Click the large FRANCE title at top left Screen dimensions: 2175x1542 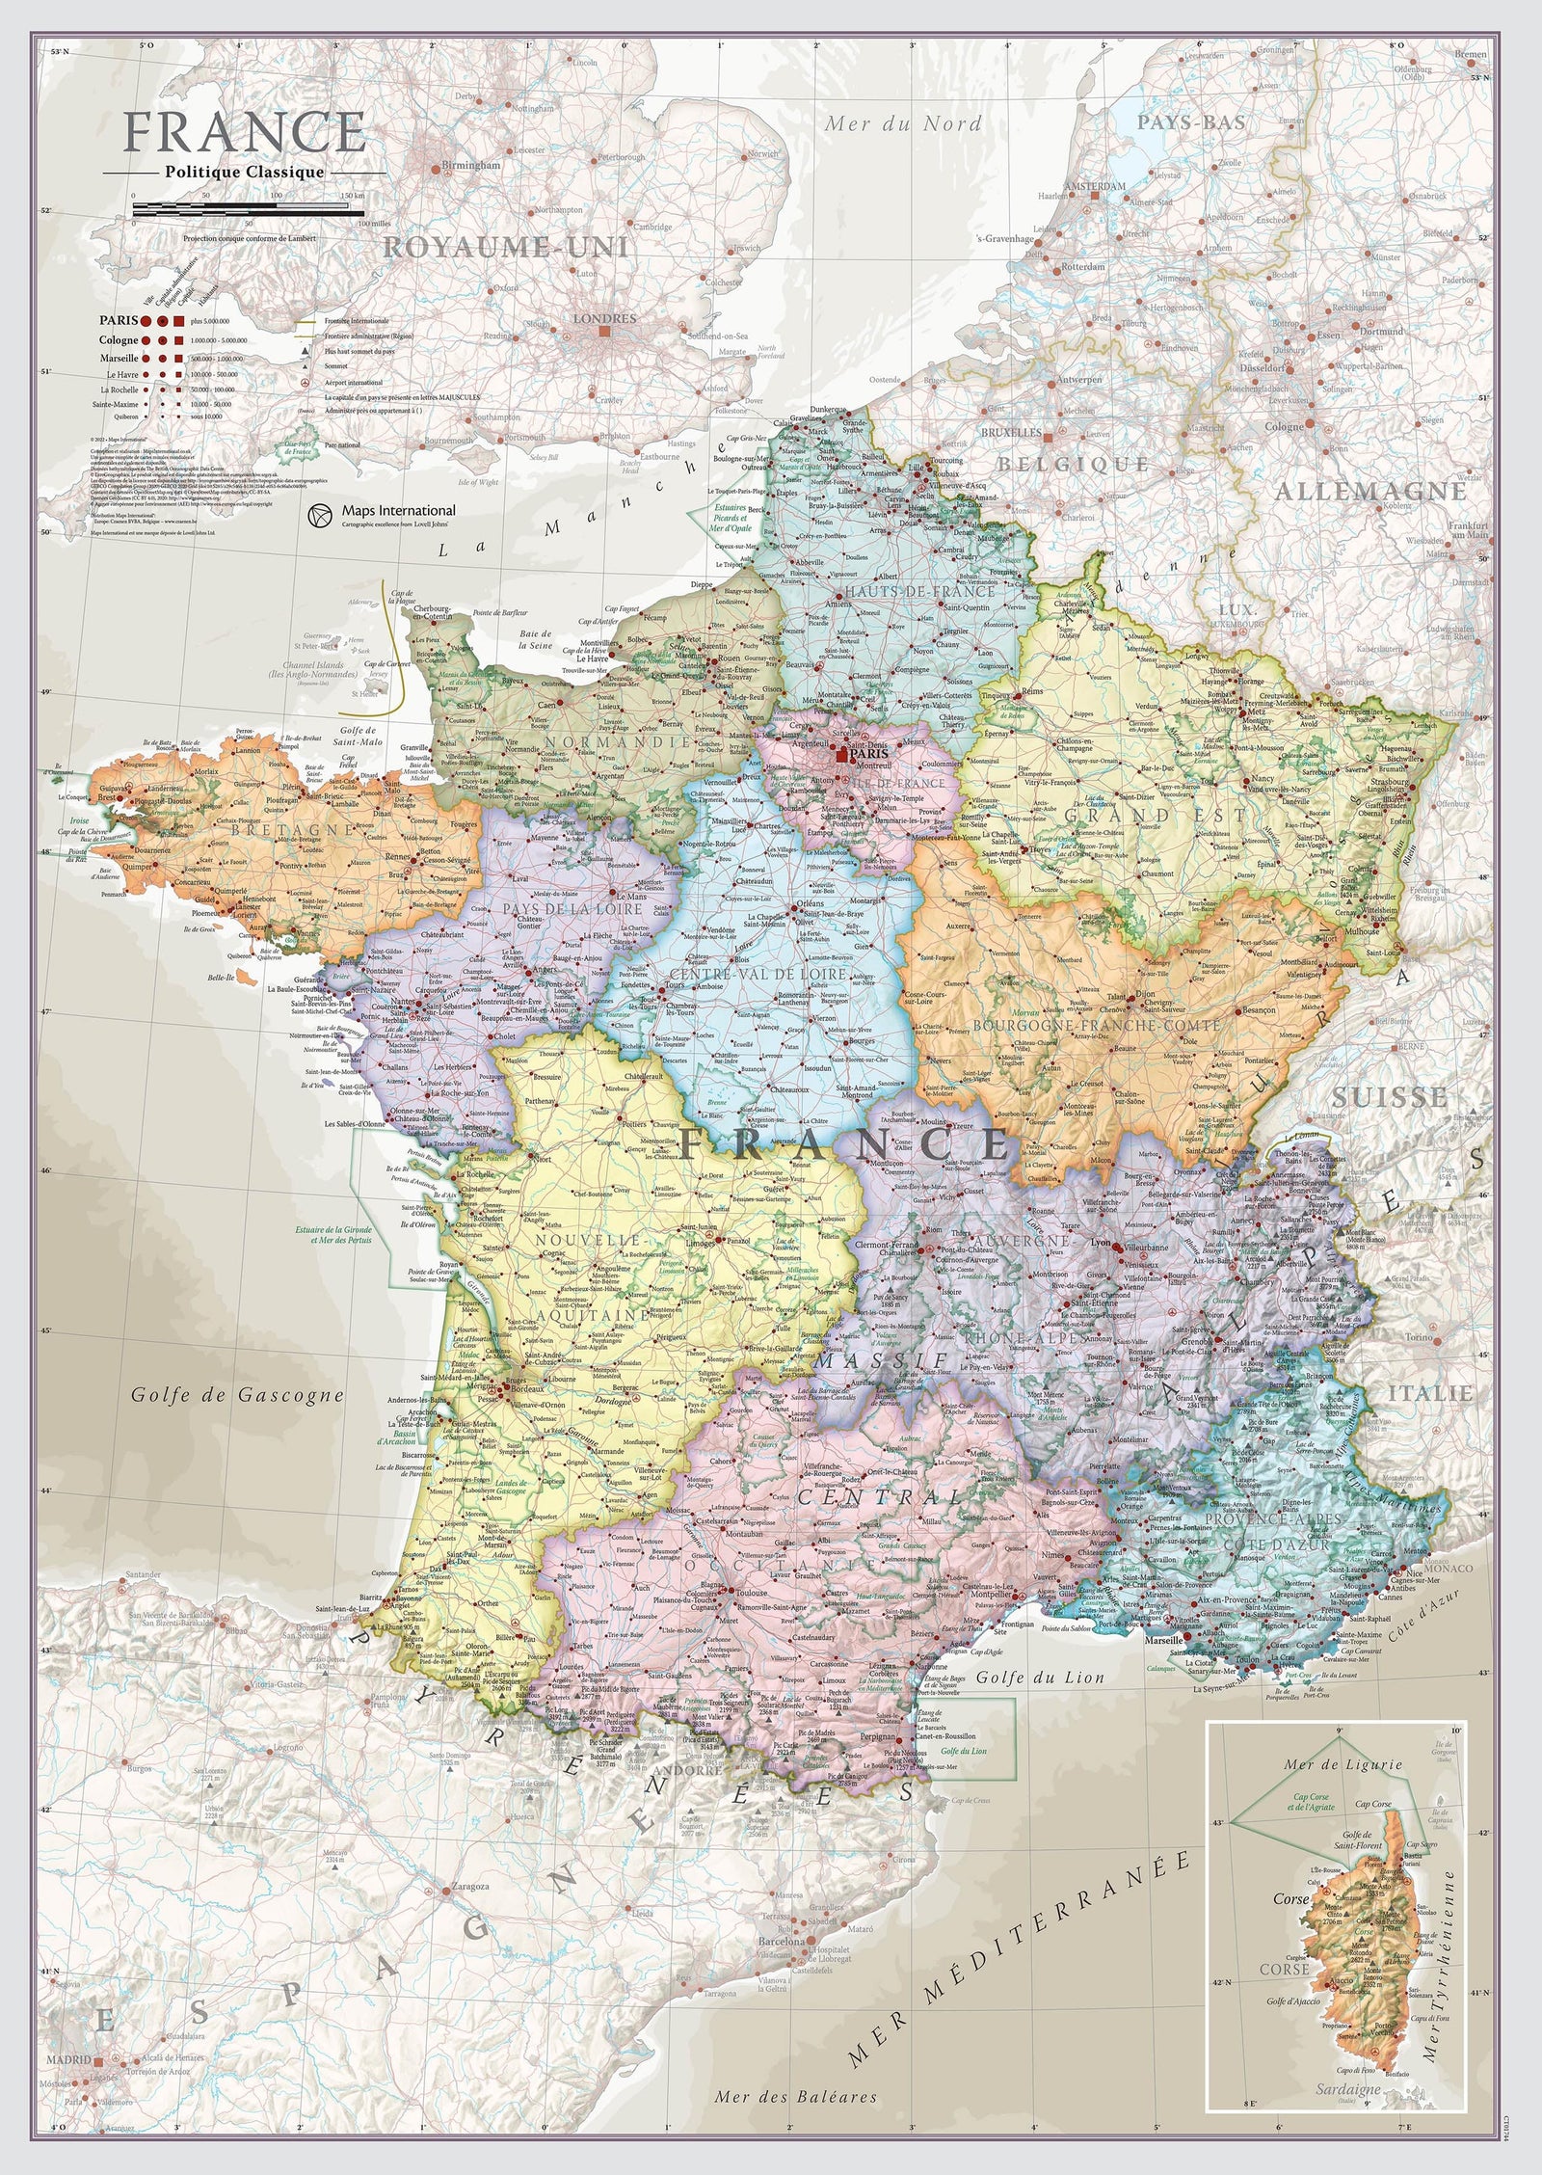245,132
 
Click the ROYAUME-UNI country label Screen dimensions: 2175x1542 505,248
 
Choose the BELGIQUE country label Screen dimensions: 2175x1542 1073,464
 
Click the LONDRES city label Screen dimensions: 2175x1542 603,318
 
